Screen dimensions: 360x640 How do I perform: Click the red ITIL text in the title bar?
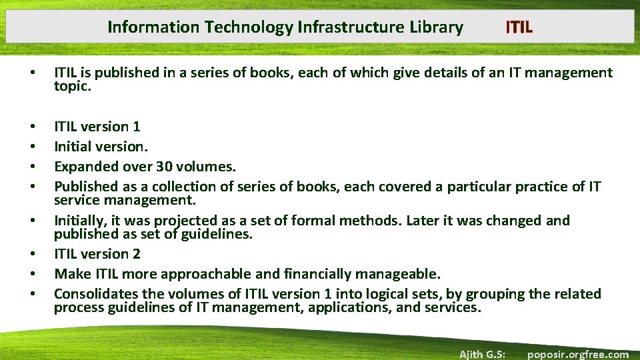(519, 27)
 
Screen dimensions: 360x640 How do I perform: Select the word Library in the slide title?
(436, 27)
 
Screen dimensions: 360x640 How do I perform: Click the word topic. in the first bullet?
(71, 85)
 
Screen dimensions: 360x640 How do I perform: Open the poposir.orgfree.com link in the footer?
(578, 354)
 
